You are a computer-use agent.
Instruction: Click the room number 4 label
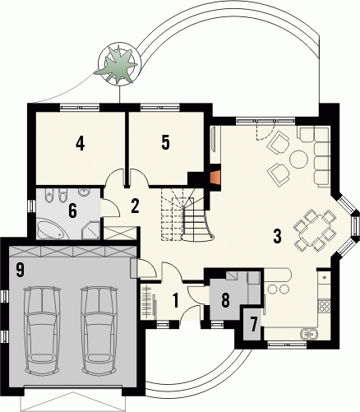80,143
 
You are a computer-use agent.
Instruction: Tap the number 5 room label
165,142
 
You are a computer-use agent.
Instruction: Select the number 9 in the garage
20,270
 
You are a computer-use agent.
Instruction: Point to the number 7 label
254,325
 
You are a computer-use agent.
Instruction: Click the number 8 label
225,300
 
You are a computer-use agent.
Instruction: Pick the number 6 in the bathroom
72,211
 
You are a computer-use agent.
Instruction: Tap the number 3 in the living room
277,237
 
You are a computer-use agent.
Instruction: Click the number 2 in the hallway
135,206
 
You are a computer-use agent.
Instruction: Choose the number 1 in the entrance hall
176,300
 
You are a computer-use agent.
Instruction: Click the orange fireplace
215,178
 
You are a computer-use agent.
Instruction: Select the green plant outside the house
116,65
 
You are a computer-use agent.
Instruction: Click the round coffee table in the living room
298,160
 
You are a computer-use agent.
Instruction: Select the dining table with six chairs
315,230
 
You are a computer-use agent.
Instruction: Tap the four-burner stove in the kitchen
325,306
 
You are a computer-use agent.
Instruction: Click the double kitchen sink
310,333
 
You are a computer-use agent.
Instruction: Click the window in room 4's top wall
80,107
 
